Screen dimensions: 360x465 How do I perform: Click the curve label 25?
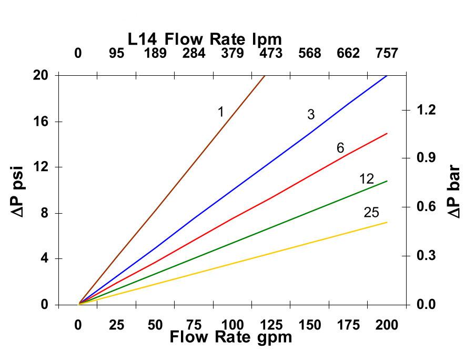(371, 213)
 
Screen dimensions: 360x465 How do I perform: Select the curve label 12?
(367, 179)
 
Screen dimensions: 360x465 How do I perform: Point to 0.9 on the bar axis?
(427, 158)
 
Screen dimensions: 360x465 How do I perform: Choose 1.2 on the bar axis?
(427, 110)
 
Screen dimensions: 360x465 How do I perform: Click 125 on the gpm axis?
(271, 325)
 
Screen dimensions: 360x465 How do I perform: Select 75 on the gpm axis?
(194, 325)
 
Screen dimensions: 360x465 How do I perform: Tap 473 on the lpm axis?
(271, 53)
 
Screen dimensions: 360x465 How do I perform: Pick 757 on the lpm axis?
(387, 53)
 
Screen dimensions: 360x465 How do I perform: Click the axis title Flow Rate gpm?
(230, 337)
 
